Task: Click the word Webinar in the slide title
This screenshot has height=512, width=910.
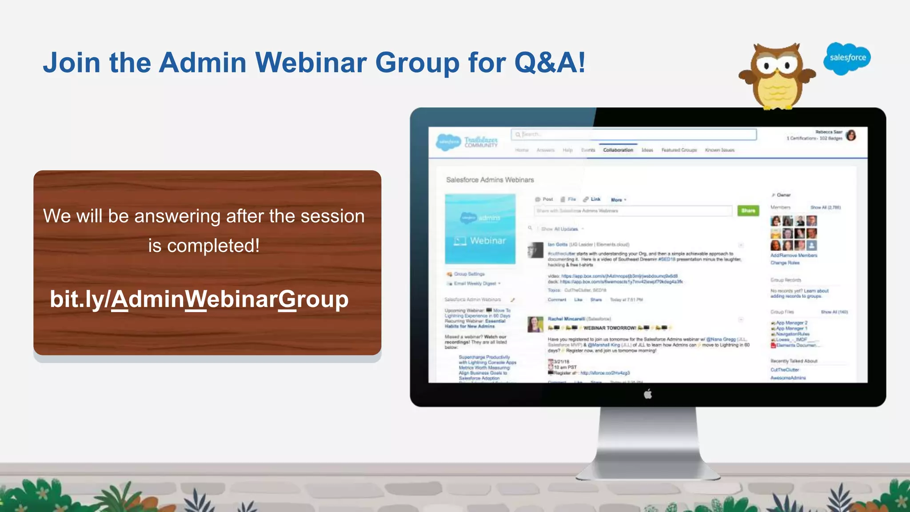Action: [x=311, y=62]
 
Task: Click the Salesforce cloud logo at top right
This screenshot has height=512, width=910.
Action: [x=847, y=58]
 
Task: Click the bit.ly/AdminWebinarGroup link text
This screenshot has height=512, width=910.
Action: [x=199, y=299]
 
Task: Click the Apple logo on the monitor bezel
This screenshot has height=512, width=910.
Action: [x=648, y=394]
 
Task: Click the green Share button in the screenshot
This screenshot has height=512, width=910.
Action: [x=748, y=211]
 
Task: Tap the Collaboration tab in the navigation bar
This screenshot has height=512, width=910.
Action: [x=618, y=150]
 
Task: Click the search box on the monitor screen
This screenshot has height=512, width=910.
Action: [x=634, y=134]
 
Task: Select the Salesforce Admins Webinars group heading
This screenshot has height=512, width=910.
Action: [x=490, y=180]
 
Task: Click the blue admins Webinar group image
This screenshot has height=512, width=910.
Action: [x=480, y=229]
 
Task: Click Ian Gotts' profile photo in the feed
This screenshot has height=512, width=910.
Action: [x=535, y=250]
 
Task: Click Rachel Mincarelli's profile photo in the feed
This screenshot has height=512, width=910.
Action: [x=535, y=324]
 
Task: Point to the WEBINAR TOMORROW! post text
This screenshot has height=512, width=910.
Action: [x=609, y=328]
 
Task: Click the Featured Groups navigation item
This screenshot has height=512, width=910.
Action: [x=679, y=150]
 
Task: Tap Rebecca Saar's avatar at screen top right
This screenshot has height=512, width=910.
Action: [x=851, y=135]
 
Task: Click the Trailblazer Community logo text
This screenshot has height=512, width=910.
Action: [x=481, y=142]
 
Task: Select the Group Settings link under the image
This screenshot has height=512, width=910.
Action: [x=469, y=274]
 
